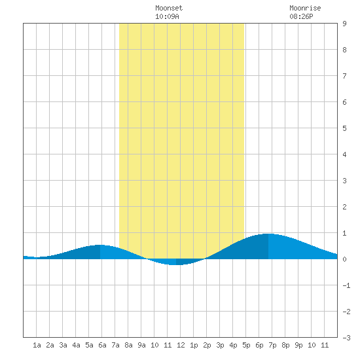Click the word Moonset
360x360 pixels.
(x=169, y=8)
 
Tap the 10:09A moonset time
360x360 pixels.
(x=167, y=16)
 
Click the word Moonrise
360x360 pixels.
(x=305, y=8)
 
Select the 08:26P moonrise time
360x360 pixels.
(x=301, y=16)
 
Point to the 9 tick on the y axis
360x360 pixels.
(x=344, y=24)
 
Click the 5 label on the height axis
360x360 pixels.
(x=344, y=128)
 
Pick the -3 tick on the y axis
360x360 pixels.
(x=346, y=338)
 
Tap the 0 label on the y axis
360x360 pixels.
(x=344, y=259)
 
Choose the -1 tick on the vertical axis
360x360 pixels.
(x=346, y=285)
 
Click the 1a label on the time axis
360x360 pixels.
(x=37, y=345)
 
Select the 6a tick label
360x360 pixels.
(x=102, y=345)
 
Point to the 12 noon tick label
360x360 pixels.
(x=181, y=345)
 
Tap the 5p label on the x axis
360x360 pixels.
(x=246, y=345)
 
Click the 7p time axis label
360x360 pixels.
(x=272, y=345)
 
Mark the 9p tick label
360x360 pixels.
(x=298, y=345)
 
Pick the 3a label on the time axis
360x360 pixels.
(x=63, y=345)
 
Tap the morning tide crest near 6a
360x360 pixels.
(x=100, y=245)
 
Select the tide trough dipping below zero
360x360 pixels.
(x=176, y=264)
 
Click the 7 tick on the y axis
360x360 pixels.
(x=344, y=76)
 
